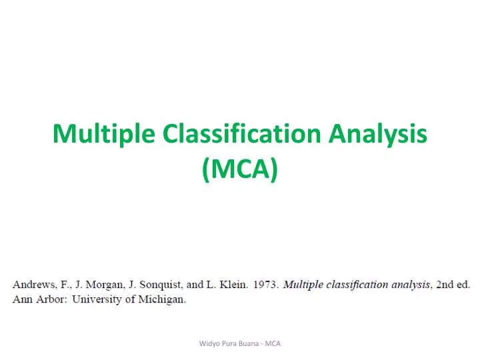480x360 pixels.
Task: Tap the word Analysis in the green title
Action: coord(377,135)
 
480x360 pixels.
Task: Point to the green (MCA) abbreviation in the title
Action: coord(240,171)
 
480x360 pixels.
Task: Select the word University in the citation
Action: coord(97,299)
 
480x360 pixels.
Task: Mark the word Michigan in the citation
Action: coord(162,299)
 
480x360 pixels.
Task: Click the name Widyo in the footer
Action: coord(209,343)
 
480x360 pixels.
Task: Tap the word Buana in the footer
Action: coord(247,343)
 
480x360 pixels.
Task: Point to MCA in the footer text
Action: coord(273,343)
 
